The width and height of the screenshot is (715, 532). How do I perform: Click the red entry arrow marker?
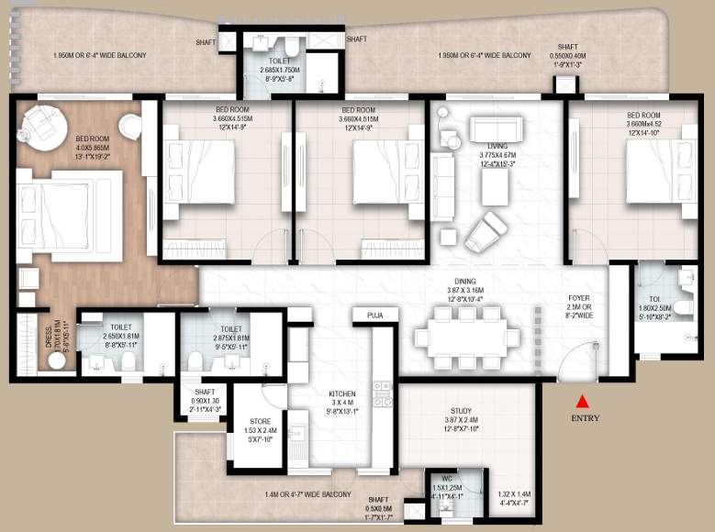click(581, 400)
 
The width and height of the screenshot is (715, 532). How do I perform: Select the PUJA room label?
click(374, 315)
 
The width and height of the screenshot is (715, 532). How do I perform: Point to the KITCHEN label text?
click(341, 394)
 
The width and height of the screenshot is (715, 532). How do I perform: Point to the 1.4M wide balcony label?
click(307, 494)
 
